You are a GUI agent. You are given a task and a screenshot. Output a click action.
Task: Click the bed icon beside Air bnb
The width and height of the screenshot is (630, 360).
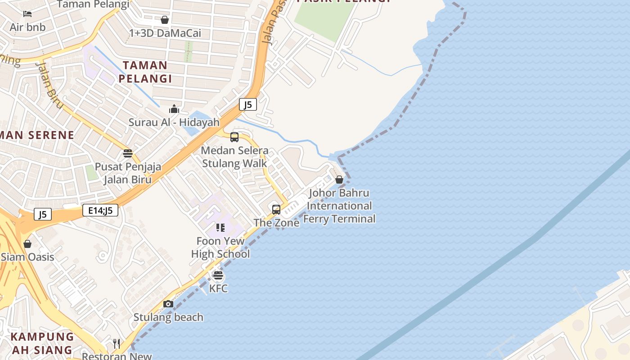[27, 14]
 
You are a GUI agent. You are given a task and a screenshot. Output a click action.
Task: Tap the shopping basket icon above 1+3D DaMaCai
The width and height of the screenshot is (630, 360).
[165, 20]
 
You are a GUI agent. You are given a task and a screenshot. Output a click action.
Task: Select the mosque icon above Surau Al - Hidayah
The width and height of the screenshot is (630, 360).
[174, 109]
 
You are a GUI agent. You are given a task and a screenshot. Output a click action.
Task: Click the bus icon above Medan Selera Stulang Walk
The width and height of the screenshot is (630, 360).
[234, 137]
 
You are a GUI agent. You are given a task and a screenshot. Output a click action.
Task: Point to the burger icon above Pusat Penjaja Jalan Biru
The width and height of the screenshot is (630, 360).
[128, 153]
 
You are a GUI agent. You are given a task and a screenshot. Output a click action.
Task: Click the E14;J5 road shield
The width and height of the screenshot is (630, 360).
[100, 210]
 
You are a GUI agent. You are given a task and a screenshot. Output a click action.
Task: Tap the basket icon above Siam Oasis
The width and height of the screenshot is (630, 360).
[27, 244]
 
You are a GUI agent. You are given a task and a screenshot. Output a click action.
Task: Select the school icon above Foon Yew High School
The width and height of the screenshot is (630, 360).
[220, 228]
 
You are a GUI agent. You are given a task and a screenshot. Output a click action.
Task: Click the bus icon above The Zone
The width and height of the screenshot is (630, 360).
[276, 210]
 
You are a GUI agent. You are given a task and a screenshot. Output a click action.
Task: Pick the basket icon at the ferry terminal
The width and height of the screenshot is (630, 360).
[339, 180]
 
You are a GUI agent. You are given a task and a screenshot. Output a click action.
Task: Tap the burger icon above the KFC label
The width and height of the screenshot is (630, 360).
[218, 275]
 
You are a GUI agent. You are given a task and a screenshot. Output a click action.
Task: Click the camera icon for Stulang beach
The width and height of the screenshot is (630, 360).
[168, 304]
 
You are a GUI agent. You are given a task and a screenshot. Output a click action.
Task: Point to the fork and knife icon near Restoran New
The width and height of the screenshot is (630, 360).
[117, 344]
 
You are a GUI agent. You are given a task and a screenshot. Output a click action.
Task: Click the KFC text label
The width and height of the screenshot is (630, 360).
[219, 288]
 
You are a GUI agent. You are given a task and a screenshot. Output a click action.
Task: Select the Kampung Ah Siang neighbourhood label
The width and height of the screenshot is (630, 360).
[42, 343]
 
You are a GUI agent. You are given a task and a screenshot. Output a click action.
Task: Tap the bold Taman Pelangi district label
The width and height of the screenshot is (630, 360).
[145, 72]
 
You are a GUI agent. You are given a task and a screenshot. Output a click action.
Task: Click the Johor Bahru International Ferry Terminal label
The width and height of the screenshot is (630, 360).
[340, 206]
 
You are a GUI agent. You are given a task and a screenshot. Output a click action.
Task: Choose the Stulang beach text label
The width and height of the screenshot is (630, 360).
[168, 317]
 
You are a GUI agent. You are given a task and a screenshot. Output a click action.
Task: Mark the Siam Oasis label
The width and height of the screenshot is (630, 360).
[27, 257]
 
